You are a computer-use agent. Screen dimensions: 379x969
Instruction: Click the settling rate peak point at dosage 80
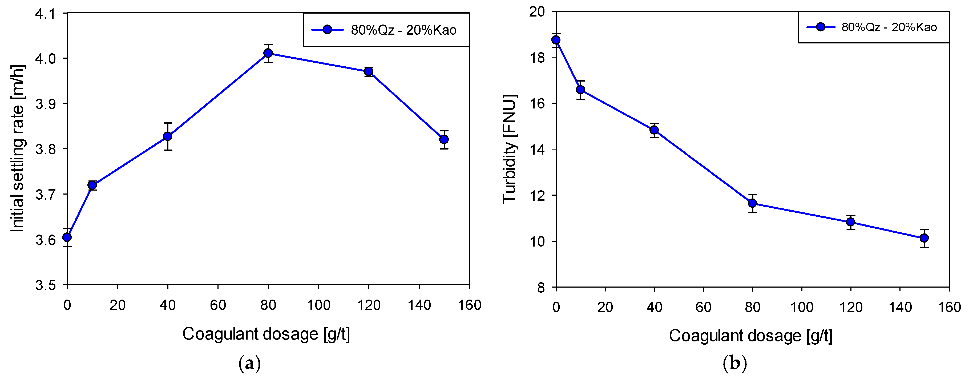pos(268,53)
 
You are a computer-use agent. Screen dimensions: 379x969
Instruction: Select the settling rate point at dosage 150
pos(444,140)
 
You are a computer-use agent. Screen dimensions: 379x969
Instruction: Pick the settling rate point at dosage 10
pos(92,185)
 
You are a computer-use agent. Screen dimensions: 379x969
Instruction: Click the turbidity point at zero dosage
pos(556,40)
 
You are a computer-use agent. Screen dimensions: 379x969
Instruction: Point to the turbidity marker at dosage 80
pos(752,203)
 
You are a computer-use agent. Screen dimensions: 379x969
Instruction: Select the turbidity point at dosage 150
pos(924,238)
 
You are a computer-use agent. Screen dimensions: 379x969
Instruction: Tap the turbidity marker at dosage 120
pos(850,222)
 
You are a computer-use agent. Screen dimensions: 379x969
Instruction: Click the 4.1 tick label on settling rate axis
pos(45,14)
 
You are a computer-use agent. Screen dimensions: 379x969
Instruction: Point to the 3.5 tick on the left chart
pos(45,285)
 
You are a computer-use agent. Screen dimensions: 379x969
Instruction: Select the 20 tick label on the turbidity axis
pos(536,12)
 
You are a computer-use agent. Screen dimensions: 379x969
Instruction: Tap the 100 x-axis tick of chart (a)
pos(318,305)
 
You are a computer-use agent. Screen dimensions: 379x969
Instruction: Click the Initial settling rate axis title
pos(17,149)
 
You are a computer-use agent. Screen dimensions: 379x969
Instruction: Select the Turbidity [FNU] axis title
pos(510,149)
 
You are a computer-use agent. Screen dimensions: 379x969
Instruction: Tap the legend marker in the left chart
pos(327,30)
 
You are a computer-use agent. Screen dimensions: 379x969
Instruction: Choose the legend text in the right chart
pos(889,27)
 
